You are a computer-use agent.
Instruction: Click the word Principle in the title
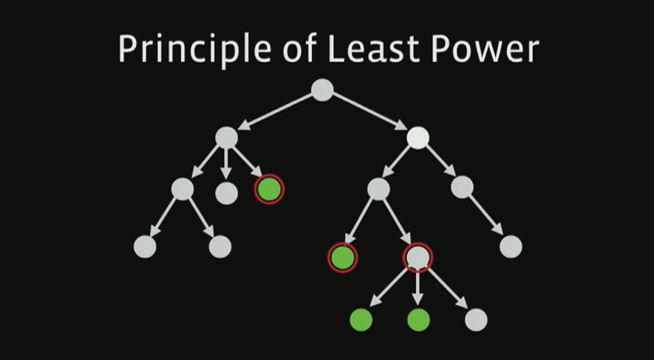pyautogui.click(x=178, y=50)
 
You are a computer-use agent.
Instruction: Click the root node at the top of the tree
pyautogui.click(x=322, y=89)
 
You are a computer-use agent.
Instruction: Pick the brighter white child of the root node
pyautogui.click(x=418, y=137)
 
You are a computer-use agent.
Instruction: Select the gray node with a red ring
pyautogui.click(x=418, y=257)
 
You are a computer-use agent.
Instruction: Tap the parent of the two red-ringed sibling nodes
pyautogui.click(x=378, y=189)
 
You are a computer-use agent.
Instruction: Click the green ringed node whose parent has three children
pyautogui.click(x=269, y=189)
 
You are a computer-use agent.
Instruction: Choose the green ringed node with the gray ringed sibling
pyautogui.click(x=342, y=257)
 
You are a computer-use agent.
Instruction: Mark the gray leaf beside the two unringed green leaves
pyautogui.click(x=477, y=319)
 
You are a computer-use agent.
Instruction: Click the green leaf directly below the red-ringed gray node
pyautogui.click(x=418, y=319)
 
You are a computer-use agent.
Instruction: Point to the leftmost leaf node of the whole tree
pyautogui.click(x=145, y=247)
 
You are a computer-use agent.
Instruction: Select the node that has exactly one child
pyautogui.click(x=462, y=187)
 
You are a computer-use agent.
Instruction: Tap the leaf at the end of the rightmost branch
pyautogui.click(x=511, y=246)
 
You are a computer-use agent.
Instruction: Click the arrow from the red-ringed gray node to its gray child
pyautogui.click(x=448, y=289)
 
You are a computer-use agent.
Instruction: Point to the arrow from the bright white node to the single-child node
pyautogui.click(x=440, y=163)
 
